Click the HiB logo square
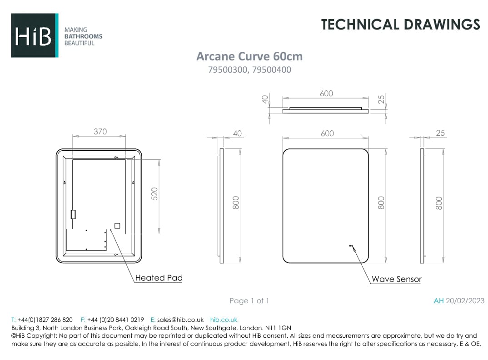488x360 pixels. tap(35, 35)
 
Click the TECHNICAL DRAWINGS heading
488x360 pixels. tap(400, 24)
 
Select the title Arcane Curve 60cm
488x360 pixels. tap(249, 56)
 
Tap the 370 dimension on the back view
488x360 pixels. tap(100, 132)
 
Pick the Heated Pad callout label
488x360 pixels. tap(159, 278)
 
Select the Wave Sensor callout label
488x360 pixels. tap(396, 279)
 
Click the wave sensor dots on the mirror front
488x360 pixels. tap(351, 246)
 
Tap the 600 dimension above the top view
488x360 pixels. tap(326, 94)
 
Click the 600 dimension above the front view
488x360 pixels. tap(327, 133)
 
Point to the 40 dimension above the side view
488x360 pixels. tap(237, 133)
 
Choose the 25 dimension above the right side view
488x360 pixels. tap(440, 133)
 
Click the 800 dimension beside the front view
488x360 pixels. tap(381, 202)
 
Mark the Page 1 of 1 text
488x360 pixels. tap(249, 301)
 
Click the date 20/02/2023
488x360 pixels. tap(465, 301)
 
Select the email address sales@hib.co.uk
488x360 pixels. tap(180, 320)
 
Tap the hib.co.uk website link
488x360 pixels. tap(224, 320)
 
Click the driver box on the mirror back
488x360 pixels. tap(86, 240)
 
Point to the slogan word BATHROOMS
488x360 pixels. tap(83, 36)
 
